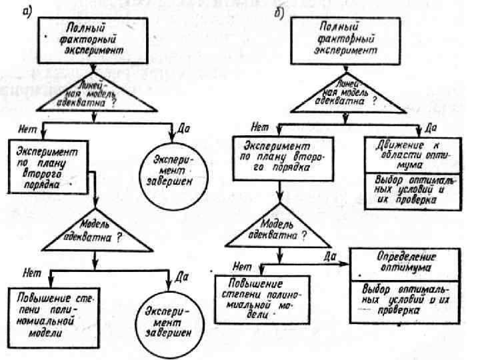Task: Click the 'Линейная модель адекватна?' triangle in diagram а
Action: tap(95, 97)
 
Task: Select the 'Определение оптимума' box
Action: tap(399, 263)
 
